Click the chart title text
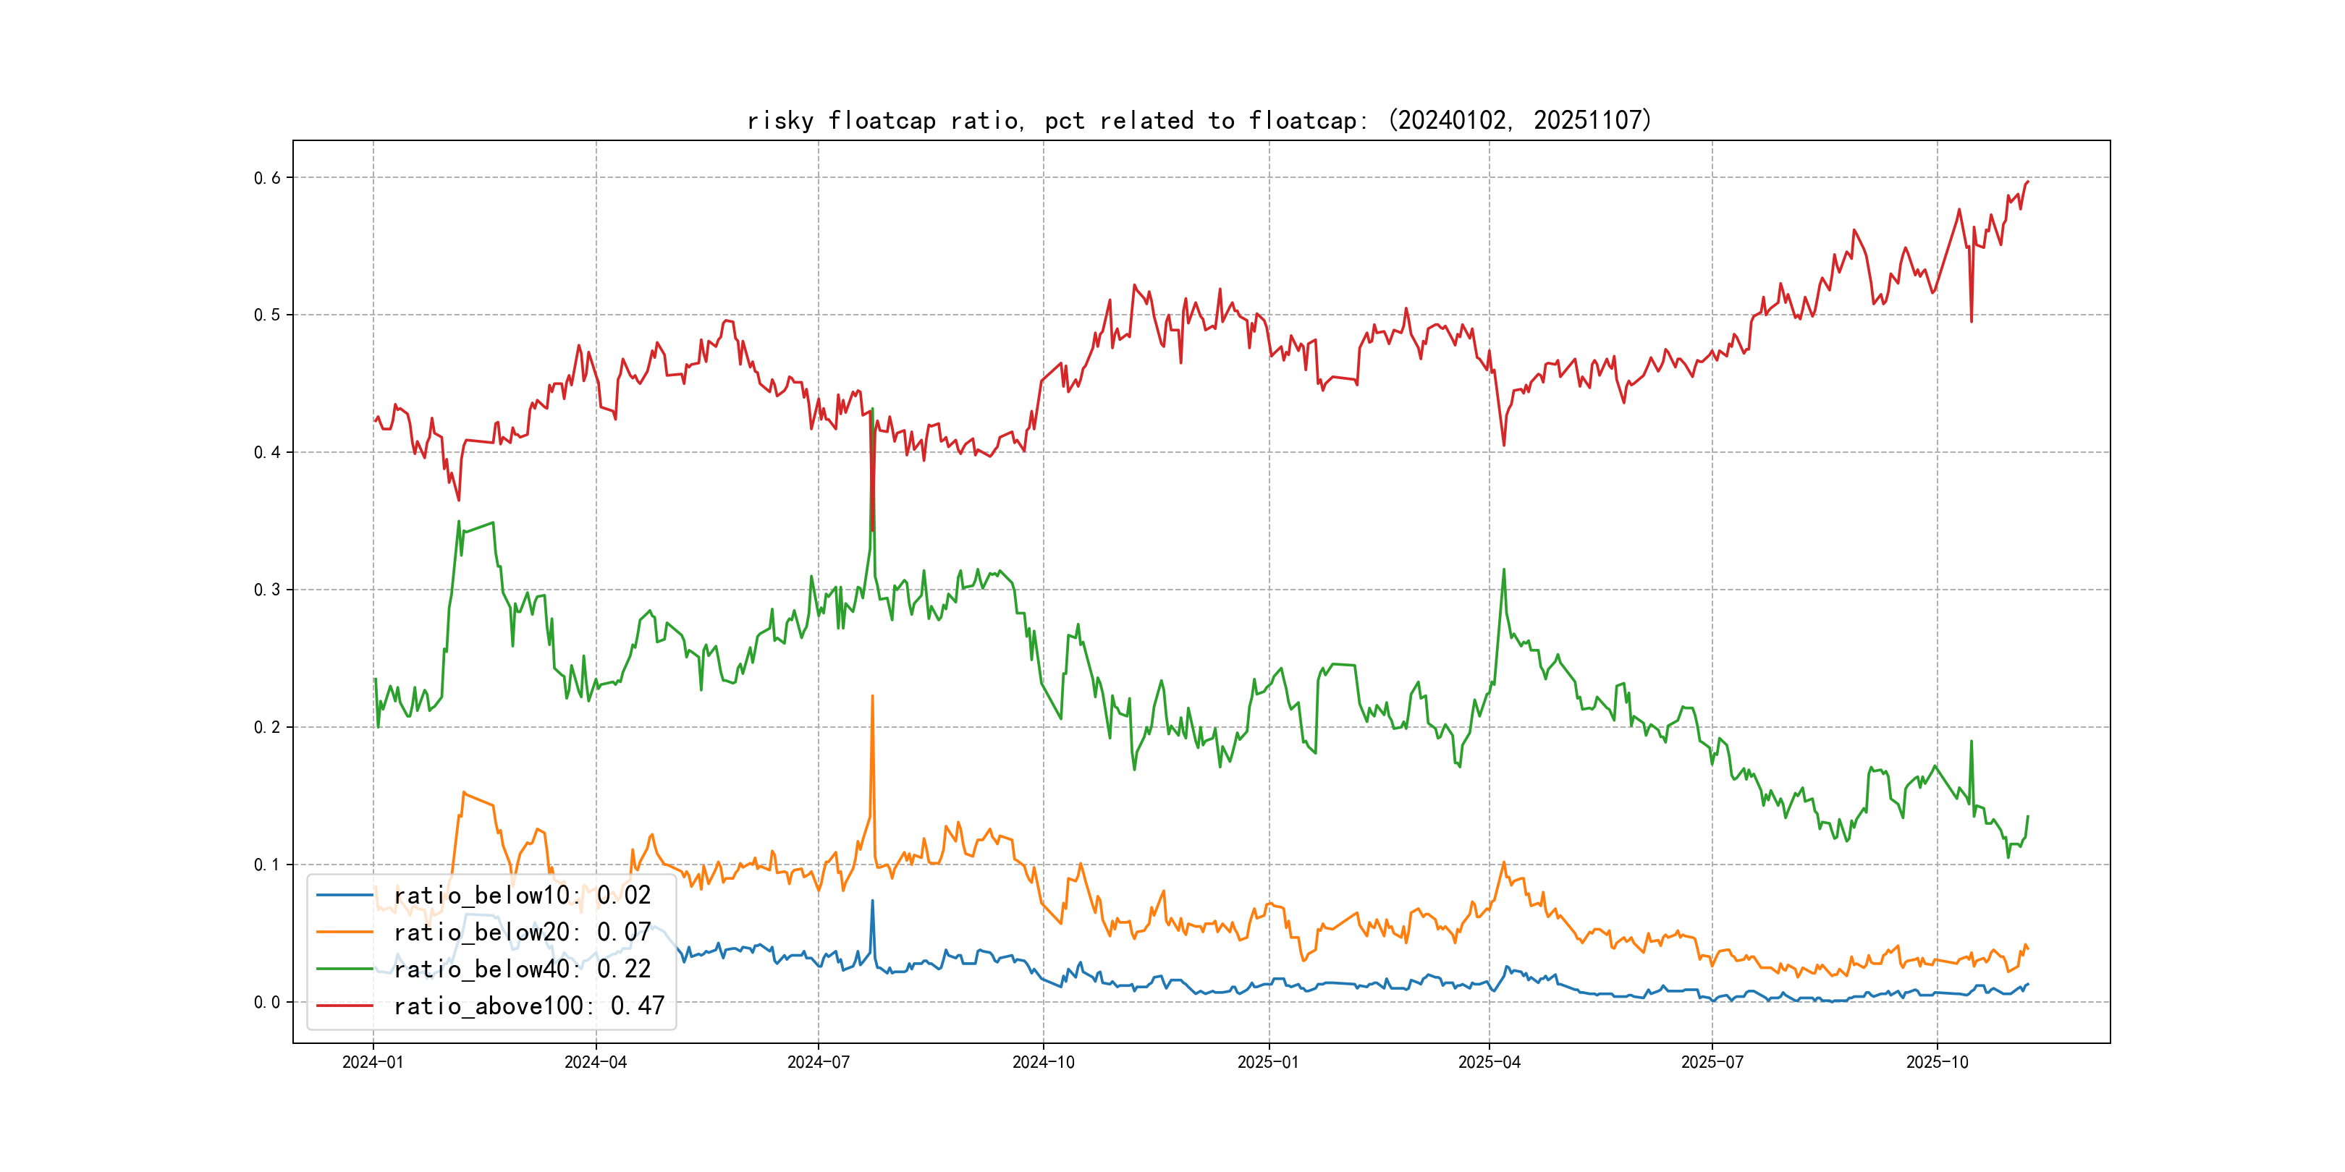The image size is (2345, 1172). (1199, 120)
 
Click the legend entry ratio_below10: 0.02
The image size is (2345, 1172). (522, 896)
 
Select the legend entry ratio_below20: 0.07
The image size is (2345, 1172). (522, 933)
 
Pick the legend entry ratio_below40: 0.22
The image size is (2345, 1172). (522, 969)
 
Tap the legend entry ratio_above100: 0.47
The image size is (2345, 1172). (528, 1006)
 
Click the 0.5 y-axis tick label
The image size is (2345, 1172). (267, 315)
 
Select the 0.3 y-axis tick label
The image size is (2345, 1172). (267, 590)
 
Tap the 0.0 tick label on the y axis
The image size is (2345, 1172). (267, 1003)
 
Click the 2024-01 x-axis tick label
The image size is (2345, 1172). (372, 1063)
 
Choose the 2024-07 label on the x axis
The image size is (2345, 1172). (817, 1063)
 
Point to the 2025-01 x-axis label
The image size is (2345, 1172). (1268, 1063)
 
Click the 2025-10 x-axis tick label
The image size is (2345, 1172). (1936, 1063)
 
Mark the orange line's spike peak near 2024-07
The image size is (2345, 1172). (872, 696)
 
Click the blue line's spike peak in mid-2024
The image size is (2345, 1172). (872, 901)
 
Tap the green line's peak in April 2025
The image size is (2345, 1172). (1504, 569)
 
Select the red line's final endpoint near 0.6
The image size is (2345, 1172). (2028, 181)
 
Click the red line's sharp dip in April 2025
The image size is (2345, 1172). (1504, 445)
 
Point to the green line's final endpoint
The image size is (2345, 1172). (2028, 816)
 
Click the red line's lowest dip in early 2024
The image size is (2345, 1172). (459, 500)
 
